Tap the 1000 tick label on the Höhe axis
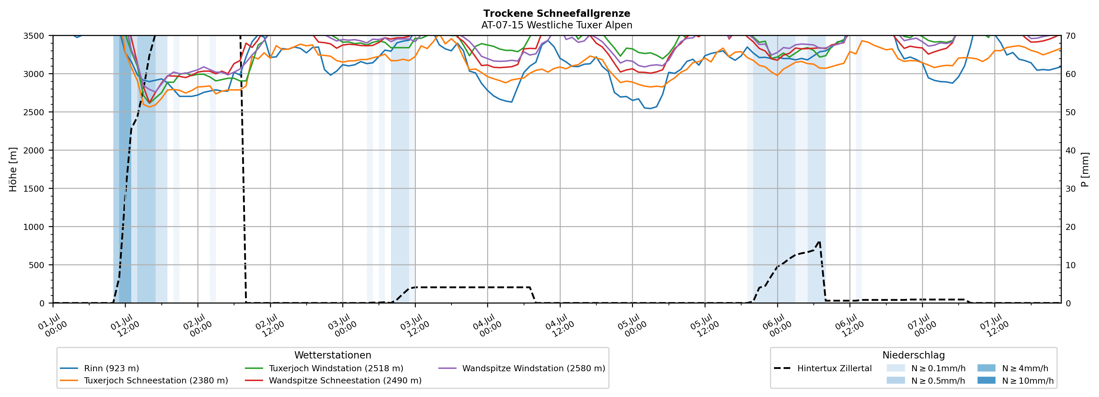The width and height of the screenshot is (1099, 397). point(34,227)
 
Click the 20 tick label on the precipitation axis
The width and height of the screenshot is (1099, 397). point(1070,227)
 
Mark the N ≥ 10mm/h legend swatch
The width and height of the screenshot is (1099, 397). point(986,380)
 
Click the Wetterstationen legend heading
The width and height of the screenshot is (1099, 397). point(333,355)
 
